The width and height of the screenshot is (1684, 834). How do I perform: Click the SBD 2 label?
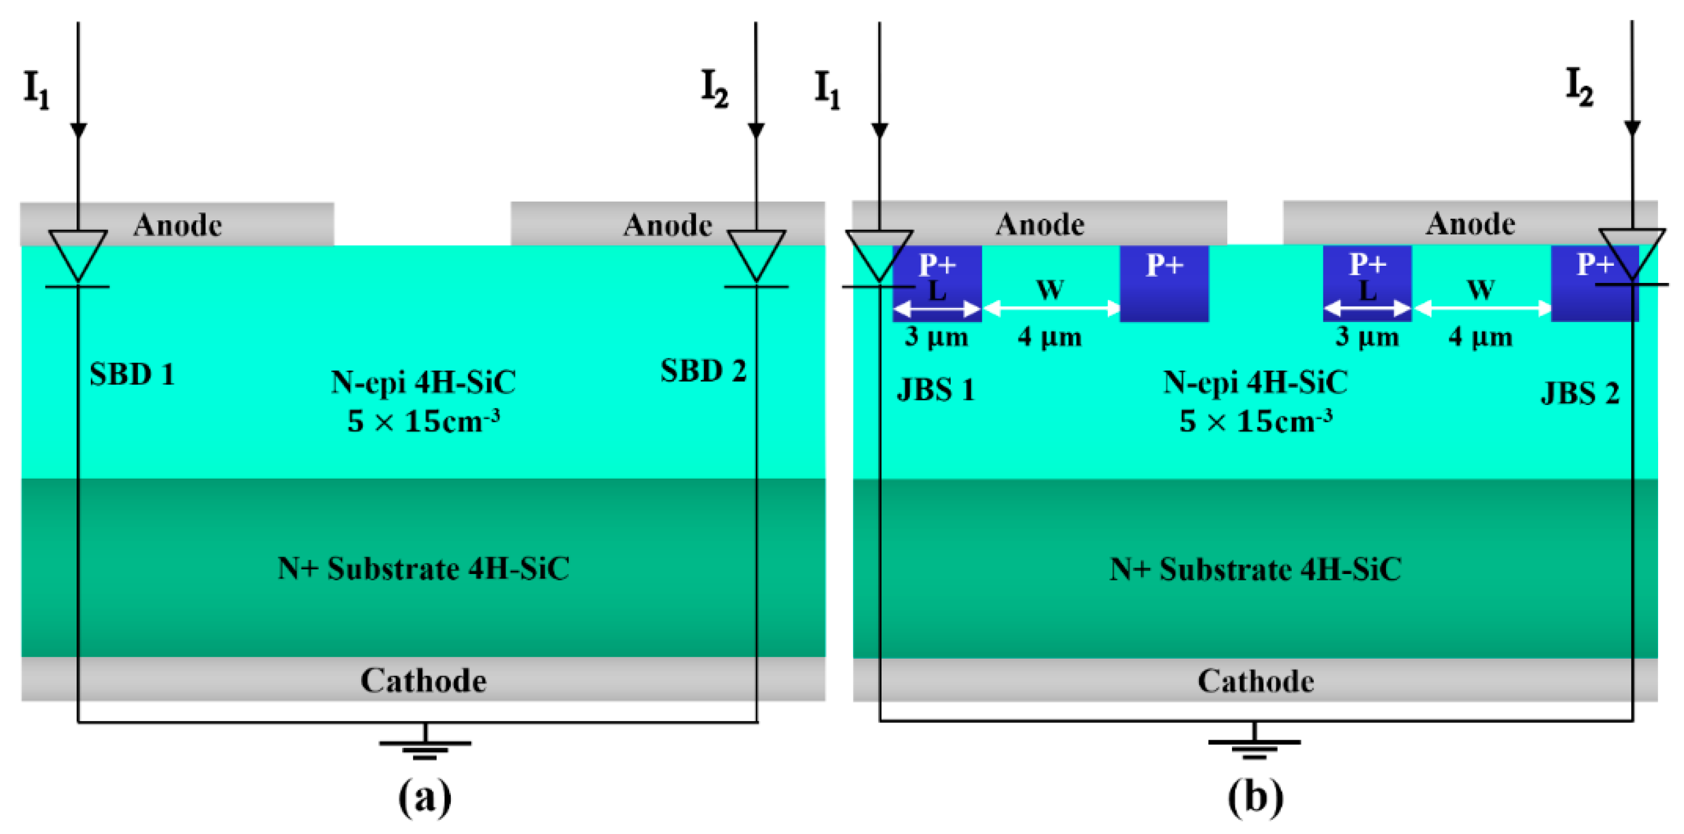click(x=703, y=371)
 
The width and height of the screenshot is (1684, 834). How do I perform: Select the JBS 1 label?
click(x=936, y=390)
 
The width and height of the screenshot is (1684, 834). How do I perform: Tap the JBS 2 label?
click(x=1579, y=393)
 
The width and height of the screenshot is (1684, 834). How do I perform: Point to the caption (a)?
click(x=425, y=796)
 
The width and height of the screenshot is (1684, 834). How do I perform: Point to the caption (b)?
click(x=1255, y=796)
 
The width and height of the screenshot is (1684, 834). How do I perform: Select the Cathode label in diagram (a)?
click(x=424, y=680)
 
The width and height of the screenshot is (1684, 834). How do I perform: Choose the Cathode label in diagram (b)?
click(x=1255, y=681)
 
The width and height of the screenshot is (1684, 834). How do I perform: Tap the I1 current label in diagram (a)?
click(x=37, y=90)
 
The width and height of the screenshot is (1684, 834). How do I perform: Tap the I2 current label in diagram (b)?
click(x=1579, y=87)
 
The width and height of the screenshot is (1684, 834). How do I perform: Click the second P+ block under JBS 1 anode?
click(x=1164, y=283)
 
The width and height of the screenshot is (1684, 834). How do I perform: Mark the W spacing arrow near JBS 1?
click(x=1051, y=308)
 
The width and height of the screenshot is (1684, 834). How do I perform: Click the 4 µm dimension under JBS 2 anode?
click(x=1480, y=337)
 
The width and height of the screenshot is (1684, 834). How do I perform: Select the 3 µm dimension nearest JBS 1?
click(x=936, y=337)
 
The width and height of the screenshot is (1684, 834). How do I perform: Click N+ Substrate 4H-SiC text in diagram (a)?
click(x=424, y=569)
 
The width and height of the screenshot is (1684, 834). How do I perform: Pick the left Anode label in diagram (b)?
click(x=1039, y=224)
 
